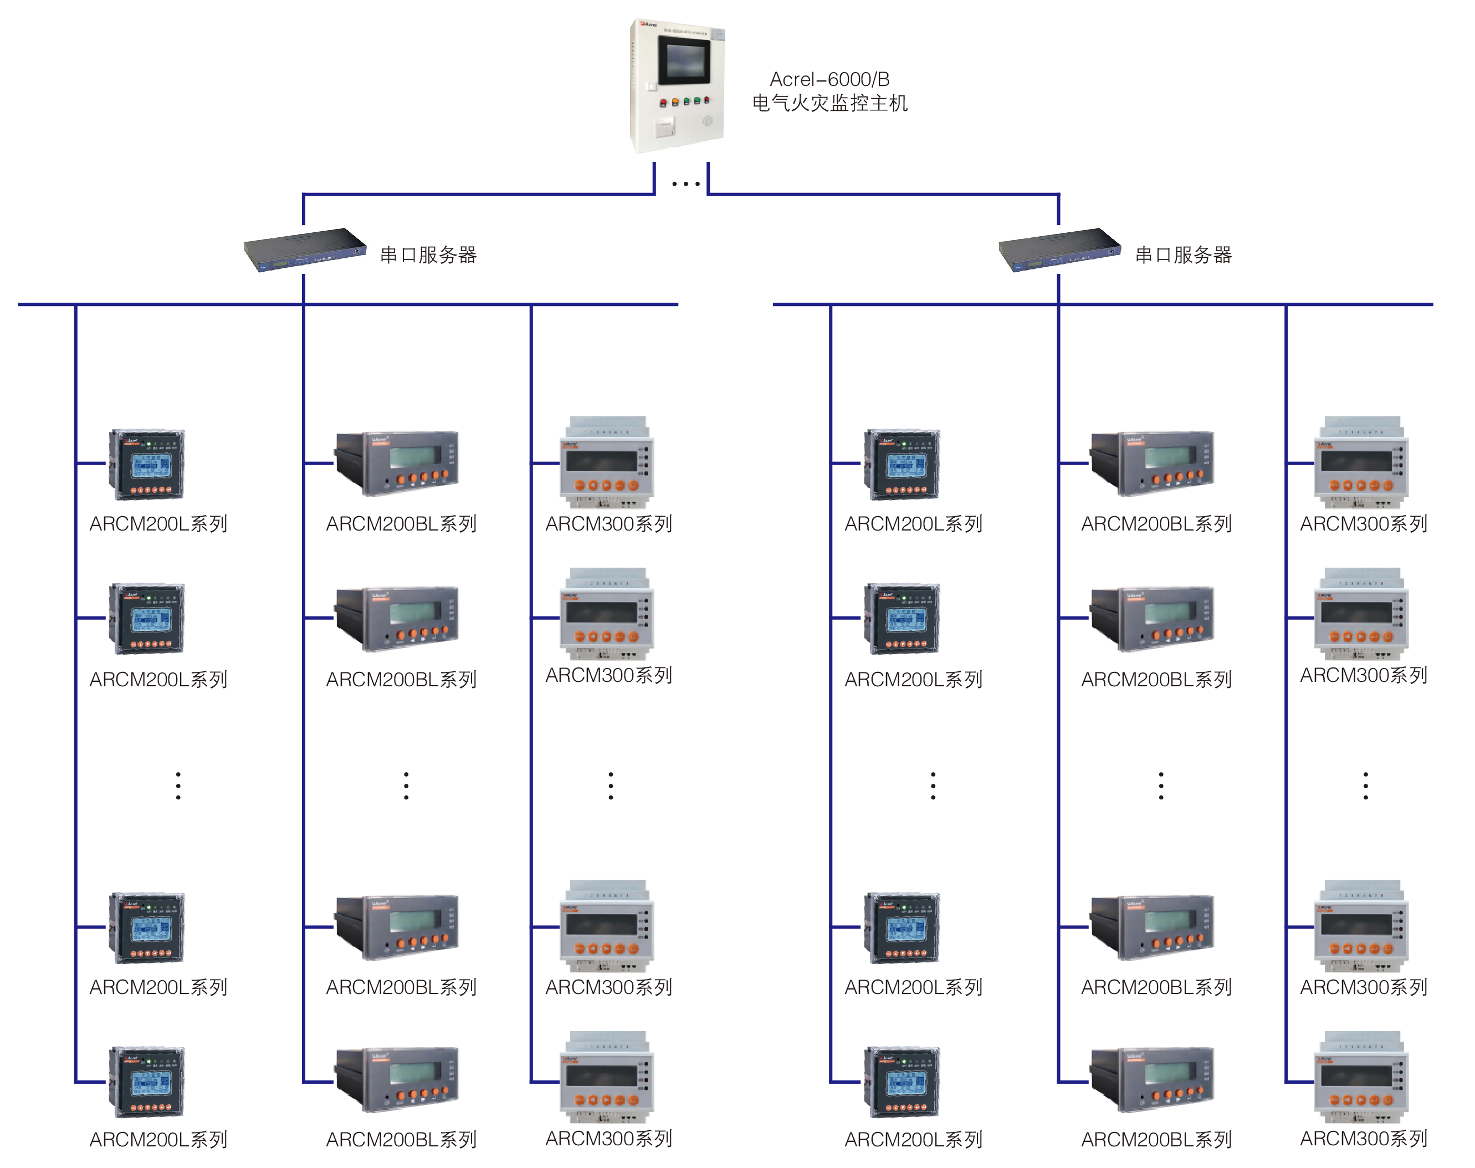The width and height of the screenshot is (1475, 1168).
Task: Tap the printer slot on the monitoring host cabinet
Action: coord(665,126)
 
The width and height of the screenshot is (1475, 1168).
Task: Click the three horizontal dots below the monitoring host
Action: coord(685,184)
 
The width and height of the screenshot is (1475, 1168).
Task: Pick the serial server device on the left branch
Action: coord(305,249)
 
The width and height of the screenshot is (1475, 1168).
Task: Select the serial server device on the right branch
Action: coord(1059,249)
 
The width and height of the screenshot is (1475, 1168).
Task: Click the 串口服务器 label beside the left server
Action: coord(428,255)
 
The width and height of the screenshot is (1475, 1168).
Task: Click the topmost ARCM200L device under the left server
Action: coord(146,465)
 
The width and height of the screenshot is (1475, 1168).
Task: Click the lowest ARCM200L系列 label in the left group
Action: coord(158,1139)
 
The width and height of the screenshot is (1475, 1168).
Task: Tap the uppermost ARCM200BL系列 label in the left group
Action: coord(401,524)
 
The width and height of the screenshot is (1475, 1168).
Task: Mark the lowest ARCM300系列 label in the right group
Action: coord(1364,1138)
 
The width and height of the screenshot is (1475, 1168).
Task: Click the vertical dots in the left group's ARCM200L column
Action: coord(178,786)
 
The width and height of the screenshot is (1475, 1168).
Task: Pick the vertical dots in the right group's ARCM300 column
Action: coord(1366,786)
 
